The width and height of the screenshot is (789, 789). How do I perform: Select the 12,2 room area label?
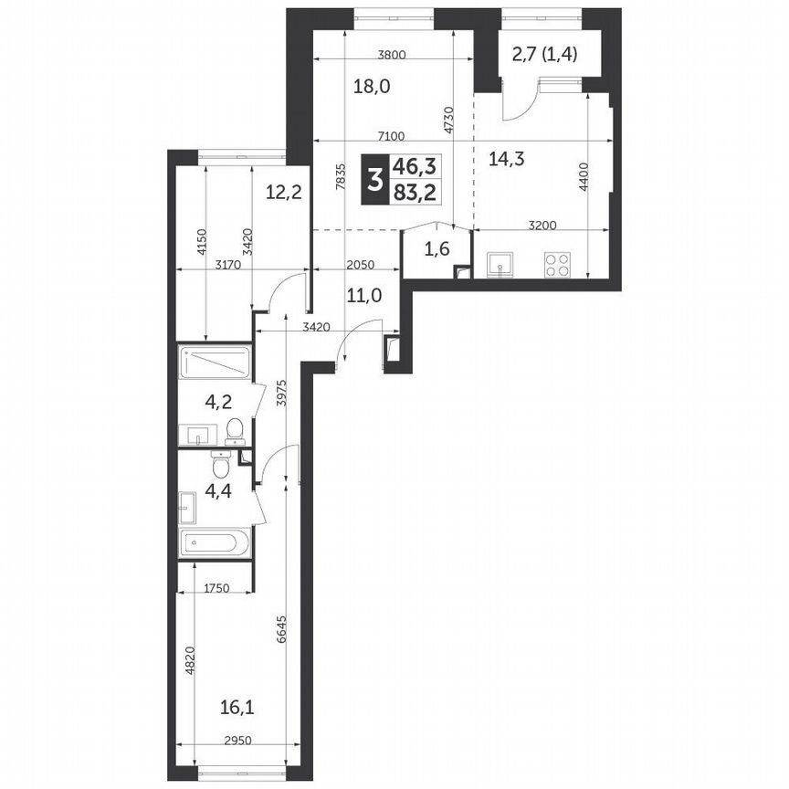coord(284,193)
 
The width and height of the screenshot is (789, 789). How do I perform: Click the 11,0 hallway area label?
coord(363,295)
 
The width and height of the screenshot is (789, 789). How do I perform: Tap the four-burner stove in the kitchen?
coord(558,264)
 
